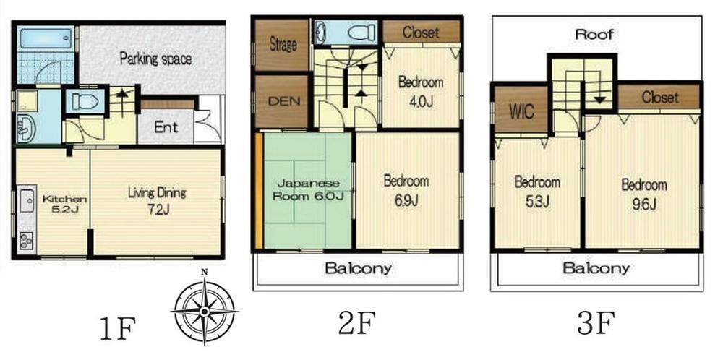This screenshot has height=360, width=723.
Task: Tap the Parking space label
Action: click(155, 59)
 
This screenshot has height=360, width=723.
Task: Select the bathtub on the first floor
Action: click(45, 38)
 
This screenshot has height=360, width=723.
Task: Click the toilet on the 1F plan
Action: click(85, 101)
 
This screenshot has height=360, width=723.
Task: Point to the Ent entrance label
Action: click(166, 127)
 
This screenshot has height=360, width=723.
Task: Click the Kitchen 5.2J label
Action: click(64, 205)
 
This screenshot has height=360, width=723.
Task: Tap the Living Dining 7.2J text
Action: click(157, 201)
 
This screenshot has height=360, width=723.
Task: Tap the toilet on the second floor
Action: click(361, 33)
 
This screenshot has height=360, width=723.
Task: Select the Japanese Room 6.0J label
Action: click(307, 189)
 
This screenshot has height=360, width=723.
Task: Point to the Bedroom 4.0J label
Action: click(421, 92)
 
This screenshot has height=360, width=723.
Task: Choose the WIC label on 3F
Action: click(521, 111)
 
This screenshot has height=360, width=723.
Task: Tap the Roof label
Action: click(594, 34)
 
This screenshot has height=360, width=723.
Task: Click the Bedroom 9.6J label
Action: click(644, 194)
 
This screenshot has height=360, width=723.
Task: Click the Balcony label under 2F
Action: click(359, 268)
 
